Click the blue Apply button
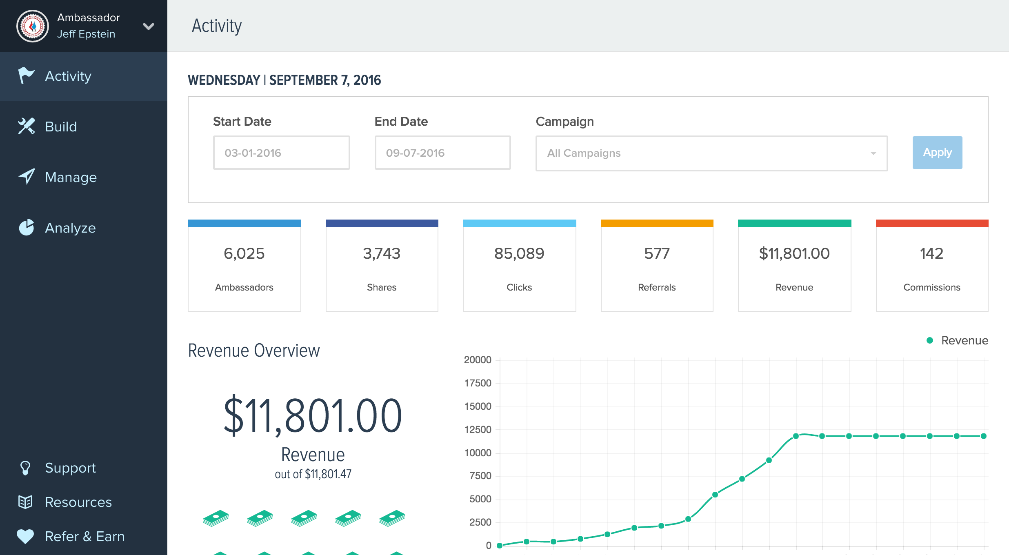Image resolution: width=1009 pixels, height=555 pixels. tap(937, 153)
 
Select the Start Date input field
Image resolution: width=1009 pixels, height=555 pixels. tap(281, 153)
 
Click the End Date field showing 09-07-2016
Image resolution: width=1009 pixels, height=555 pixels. tap(442, 153)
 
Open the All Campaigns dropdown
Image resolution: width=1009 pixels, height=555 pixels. tap(711, 153)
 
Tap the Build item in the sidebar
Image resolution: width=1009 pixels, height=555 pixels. tap(61, 127)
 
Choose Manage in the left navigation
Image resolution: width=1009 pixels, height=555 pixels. tap(71, 177)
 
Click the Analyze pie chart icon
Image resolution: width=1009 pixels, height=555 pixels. tap(27, 228)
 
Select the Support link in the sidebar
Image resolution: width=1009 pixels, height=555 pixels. tap(70, 468)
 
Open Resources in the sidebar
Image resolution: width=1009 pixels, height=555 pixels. tap(78, 502)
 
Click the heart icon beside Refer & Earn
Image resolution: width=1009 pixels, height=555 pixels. tap(25, 536)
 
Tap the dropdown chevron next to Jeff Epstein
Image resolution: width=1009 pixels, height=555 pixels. tap(149, 27)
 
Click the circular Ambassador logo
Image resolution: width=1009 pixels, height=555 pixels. tap(33, 26)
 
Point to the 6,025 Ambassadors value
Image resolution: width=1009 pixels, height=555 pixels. tap(244, 253)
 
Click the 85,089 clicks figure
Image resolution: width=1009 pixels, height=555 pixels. tap(519, 253)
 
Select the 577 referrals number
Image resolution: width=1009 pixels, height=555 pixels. tap(657, 253)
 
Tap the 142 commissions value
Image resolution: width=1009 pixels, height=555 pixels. tap(931, 253)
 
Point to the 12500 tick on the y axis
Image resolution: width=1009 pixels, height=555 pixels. tap(478, 430)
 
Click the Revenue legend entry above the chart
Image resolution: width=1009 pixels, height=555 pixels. tap(957, 340)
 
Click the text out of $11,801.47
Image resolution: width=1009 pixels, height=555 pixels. tap(313, 474)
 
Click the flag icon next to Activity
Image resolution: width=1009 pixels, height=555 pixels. tap(26, 75)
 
